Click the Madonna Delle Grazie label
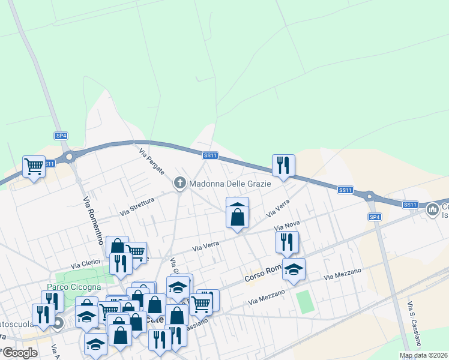coord(231,183)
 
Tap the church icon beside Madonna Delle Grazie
coord(179,183)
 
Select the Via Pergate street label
coord(151,162)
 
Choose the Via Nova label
coord(286,227)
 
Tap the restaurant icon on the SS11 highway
coord(283,164)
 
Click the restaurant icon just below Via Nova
coord(287,242)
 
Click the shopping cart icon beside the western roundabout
coord(34,166)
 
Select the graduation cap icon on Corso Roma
coord(294,269)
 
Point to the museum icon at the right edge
coord(432,210)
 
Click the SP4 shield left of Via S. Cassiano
coord(375,217)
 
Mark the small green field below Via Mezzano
coord(306,302)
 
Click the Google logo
coord(20,353)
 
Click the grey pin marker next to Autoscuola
coord(58,325)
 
